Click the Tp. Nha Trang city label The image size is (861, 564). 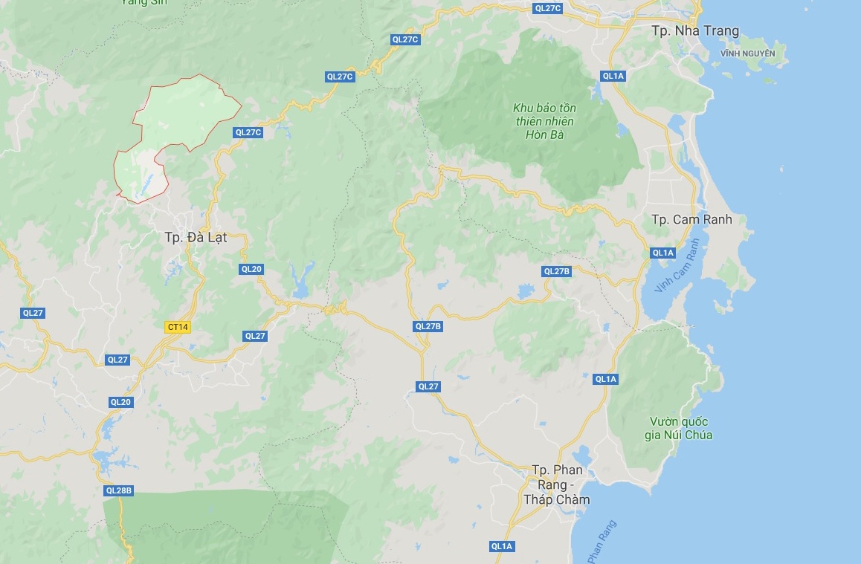695,30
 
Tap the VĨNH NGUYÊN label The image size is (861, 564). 747,54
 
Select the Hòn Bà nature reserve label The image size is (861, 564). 544,120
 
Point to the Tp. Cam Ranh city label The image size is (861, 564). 691,219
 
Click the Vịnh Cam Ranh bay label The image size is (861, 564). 678,265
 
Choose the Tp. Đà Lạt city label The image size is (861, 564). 196,238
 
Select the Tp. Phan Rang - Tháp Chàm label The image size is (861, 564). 557,484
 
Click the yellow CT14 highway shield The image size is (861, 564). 178,327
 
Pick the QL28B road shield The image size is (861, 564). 119,490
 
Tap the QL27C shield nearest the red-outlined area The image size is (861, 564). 248,133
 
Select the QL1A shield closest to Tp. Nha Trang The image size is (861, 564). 613,76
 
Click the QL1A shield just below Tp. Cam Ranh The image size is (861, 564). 662,253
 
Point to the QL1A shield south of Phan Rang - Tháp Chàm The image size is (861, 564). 502,546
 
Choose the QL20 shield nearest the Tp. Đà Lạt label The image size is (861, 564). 251,269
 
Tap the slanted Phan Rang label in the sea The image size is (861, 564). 602,540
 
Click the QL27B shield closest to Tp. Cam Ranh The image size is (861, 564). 556,271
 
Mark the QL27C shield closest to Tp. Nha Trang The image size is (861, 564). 548,8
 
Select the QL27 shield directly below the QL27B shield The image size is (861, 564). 428,386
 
